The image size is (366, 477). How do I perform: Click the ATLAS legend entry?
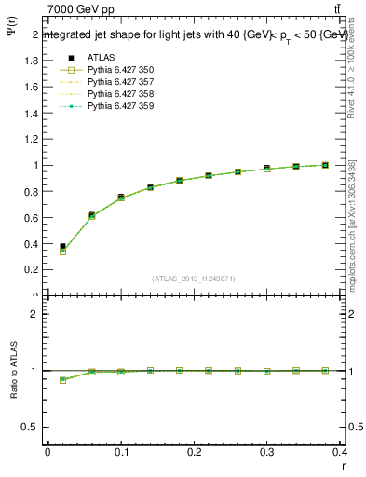coord(100,58)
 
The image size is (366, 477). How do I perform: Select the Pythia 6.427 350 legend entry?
coord(119,70)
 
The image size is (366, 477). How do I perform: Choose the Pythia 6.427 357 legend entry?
coord(119,82)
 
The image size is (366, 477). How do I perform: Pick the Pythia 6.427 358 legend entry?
coord(119,94)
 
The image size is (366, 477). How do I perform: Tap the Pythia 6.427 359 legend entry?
coord(119,106)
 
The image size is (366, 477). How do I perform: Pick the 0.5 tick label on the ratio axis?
coord(33,427)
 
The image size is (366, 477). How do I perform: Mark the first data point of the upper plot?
coord(62,248)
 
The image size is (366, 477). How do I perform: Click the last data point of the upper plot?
coord(325,165)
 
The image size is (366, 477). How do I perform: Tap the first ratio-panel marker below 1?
coord(62,379)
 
